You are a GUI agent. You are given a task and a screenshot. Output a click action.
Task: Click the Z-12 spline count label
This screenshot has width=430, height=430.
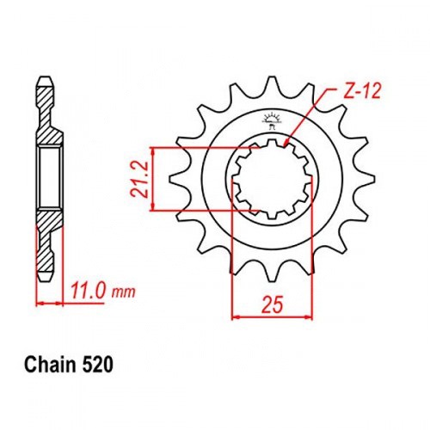(x=362, y=92)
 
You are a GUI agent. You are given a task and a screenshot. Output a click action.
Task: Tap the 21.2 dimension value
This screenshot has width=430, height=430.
(x=139, y=179)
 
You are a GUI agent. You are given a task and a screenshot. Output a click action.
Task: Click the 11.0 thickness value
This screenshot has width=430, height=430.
(x=89, y=292)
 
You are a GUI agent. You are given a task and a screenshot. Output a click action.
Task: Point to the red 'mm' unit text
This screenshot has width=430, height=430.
(x=123, y=292)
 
